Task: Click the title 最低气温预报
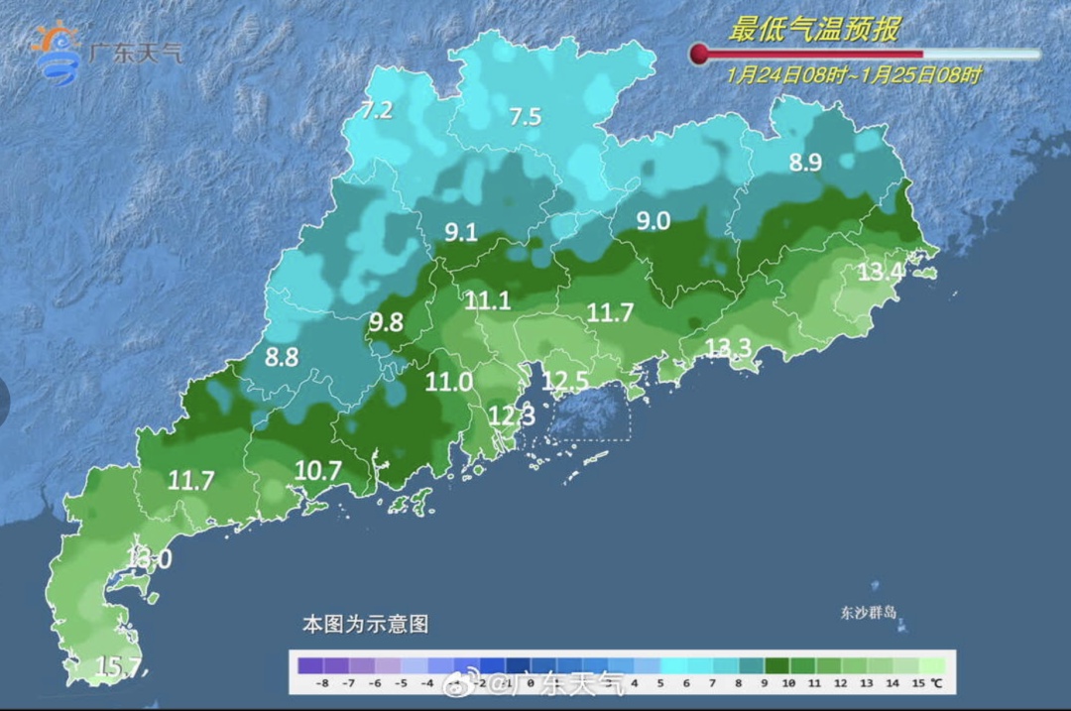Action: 814,30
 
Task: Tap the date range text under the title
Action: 854,75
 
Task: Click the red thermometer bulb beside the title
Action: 699,54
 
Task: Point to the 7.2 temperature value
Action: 377,111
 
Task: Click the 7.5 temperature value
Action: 525,117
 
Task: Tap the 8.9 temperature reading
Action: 805,164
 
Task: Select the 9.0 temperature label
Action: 653,221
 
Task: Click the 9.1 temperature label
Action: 460,233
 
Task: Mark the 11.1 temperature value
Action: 488,301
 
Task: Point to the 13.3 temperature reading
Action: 729,346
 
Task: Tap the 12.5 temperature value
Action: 565,381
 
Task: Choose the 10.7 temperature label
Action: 319,471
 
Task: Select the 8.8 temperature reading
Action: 282,358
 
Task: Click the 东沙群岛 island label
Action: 864,613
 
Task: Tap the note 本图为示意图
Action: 365,625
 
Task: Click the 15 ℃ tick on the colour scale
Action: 925,684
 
